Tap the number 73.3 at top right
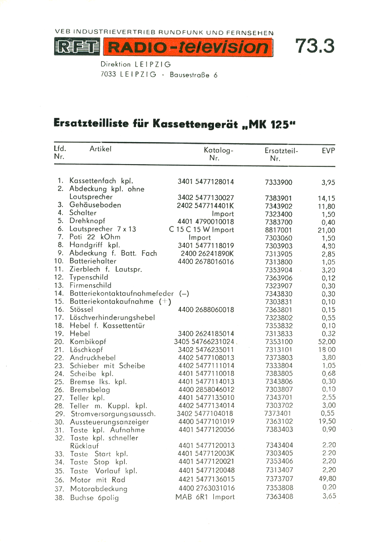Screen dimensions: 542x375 point(315,46)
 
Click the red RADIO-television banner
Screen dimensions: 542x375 point(188,48)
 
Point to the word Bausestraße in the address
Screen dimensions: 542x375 point(191,75)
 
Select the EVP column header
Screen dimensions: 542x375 point(328,150)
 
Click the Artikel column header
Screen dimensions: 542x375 point(100,149)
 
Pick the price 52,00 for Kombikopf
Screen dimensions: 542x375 point(326,341)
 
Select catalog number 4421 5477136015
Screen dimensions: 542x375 point(206,479)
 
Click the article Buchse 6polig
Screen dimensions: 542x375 point(94,498)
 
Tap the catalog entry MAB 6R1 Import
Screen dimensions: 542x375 point(205,497)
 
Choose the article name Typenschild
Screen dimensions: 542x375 point(88,277)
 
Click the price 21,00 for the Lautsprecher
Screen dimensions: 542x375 point(326,230)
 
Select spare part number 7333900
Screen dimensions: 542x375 point(279,183)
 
